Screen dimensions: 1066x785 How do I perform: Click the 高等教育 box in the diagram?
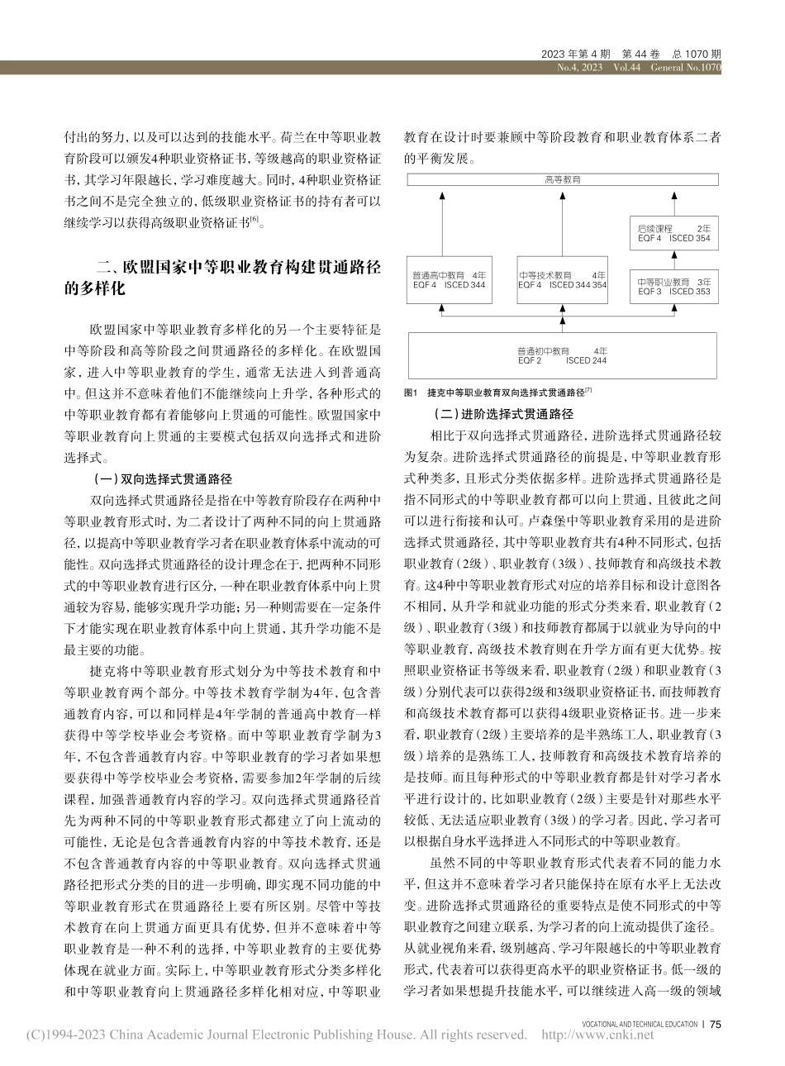[563, 178]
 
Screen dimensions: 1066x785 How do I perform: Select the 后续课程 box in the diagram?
[673, 232]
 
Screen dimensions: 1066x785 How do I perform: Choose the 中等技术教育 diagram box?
[562, 279]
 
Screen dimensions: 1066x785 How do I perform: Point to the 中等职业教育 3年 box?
[673, 286]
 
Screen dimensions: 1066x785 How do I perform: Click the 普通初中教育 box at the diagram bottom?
[563, 355]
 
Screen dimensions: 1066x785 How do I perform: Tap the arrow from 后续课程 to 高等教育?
[673, 201]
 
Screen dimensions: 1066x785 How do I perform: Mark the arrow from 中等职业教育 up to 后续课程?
[673, 258]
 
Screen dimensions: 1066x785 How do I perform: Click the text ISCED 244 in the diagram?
[587, 360]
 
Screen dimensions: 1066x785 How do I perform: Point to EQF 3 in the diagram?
[649, 291]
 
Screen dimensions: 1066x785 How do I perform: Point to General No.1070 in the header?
[687, 68]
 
